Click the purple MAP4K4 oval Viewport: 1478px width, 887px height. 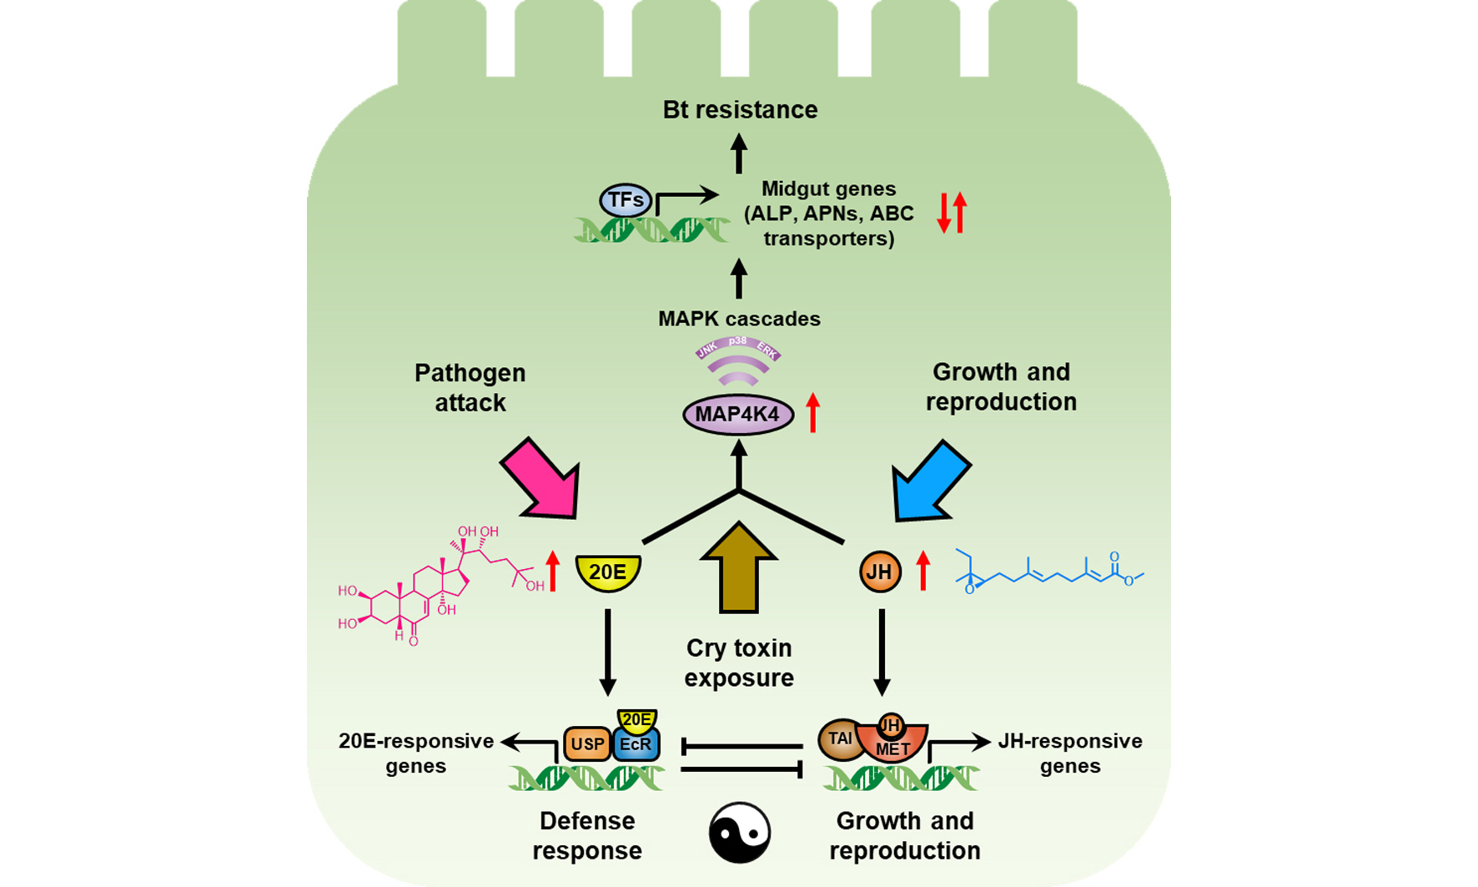click(738, 415)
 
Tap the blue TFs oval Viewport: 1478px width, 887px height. click(626, 200)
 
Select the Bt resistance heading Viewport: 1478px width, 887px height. click(740, 109)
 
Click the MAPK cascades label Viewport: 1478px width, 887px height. click(739, 319)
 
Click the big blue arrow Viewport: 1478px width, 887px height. click(931, 481)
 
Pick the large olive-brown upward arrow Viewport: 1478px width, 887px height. click(739, 567)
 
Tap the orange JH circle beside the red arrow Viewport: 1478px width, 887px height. click(880, 572)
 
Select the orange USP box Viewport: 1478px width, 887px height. click(587, 744)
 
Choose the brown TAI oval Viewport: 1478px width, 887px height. click(840, 739)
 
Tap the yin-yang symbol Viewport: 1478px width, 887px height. click(740, 833)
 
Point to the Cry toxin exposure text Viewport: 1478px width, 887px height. click(739, 663)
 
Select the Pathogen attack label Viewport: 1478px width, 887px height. click(470, 387)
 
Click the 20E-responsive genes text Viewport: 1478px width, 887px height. click(416, 753)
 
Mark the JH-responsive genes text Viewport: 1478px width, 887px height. click(1070, 753)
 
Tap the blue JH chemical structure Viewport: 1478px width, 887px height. click(1049, 572)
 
